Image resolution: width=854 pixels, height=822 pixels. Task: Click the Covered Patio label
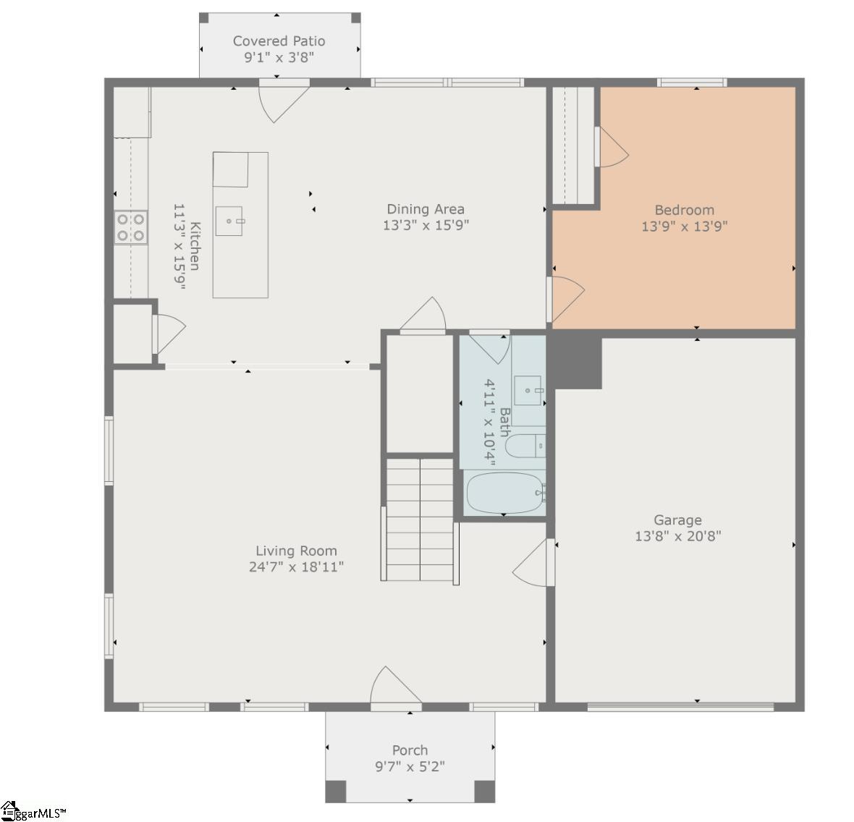[x=279, y=41]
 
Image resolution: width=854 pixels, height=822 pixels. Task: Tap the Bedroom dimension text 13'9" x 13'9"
[x=684, y=226]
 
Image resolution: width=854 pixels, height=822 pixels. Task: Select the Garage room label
[x=677, y=520]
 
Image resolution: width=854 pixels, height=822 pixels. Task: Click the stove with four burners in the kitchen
[x=131, y=226]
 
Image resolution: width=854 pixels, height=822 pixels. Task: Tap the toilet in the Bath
[x=523, y=446]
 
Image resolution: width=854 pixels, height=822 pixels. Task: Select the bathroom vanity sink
[x=528, y=391]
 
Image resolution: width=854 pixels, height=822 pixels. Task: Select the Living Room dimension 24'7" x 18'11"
[x=296, y=567]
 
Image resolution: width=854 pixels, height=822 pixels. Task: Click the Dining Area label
[x=425, y=209]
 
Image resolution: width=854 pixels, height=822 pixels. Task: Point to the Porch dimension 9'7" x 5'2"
[x=410, y=766]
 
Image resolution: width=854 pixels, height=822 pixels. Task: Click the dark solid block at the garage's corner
[x=576, y=360]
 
